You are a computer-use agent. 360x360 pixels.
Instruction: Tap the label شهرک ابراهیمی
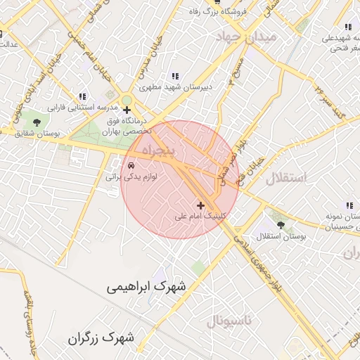(148, 287)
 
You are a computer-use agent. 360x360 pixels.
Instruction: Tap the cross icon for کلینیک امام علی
(202, 206)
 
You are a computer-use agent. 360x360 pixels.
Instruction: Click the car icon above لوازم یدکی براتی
(131, 165)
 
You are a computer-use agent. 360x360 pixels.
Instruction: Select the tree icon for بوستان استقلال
(281, 225)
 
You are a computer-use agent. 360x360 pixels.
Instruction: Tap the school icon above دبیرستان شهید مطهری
(175, 76)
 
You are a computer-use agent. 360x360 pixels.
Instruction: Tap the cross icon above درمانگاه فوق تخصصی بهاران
(127, 110)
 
